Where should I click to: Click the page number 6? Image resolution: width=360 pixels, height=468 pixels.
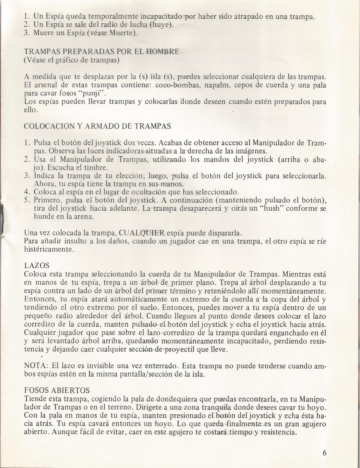tap(325, 453)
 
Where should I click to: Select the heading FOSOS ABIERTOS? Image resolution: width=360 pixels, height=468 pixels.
tap(57, 390)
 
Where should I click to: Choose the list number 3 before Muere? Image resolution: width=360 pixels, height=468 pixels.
tap(26, 33)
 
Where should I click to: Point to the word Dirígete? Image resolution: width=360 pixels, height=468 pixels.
tap(143, 406)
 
